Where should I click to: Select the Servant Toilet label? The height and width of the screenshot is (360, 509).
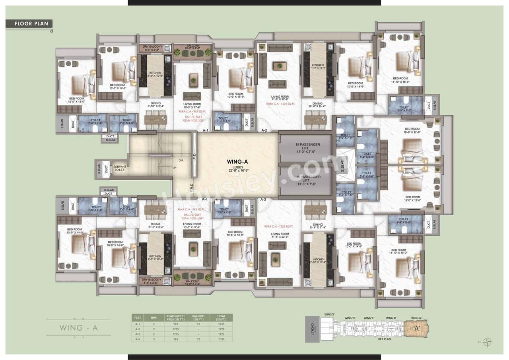(x=120, y=168)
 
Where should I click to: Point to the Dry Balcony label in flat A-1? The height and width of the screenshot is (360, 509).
(x=152, y=48)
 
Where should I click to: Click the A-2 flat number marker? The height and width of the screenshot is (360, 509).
(x=263, y=130)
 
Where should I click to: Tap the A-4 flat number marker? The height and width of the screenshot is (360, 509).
(x=205, y=199)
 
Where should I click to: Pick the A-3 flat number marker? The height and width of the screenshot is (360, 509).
(x=263, y=199)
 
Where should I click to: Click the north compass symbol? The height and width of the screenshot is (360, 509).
(x=488, y=342)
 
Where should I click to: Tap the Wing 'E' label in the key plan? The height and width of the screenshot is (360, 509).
(x=330, y=314)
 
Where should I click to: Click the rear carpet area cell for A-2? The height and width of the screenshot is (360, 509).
(x=175, y=329)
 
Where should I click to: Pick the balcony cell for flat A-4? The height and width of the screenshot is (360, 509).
(x=198, y=339)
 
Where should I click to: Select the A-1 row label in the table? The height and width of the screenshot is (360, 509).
(x=138, y=324)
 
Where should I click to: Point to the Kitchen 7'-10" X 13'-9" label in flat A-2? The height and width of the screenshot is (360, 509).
(x=318, y=67)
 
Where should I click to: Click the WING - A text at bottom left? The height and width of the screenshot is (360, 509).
(x=79, y=328)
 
